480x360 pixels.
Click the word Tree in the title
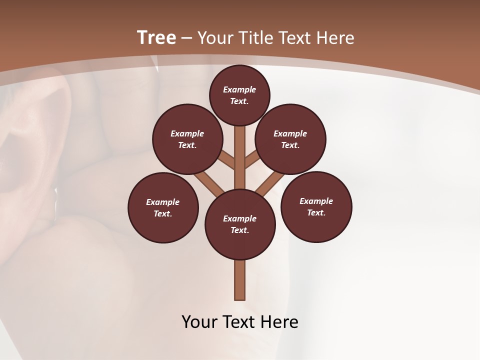pos(156,37)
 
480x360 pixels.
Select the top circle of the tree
pos(239,95)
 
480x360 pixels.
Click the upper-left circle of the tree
pos(187,139)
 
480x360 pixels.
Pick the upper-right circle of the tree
pos(290,139)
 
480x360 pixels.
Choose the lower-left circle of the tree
pos(163,207)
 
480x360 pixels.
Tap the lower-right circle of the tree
pos(316,206)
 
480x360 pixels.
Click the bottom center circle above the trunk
pos(240,224)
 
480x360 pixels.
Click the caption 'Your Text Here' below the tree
pos(240,322)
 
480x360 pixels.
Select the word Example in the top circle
pos(239,89)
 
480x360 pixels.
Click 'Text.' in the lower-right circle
pos(316,212)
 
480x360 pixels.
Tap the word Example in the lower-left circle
pos(162,202)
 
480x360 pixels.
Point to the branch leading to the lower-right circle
pos(270,182)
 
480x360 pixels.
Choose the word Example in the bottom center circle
pos(239,218)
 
